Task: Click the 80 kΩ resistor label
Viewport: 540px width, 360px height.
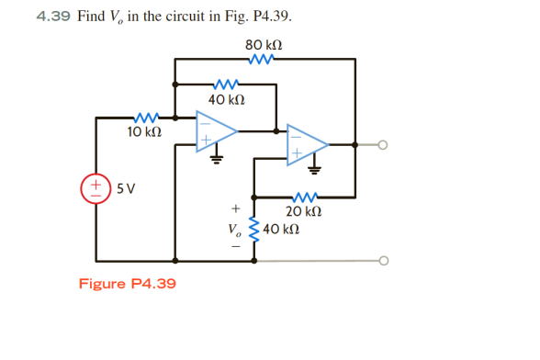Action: click(x=264, y=44)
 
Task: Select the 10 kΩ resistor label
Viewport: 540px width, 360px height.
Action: click(x=144, y=132)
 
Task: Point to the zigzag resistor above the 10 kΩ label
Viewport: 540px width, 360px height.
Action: click(x=145, y=118)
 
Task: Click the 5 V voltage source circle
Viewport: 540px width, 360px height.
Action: click(x=96, y=188)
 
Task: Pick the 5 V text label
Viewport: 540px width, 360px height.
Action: click(x=127, y=189)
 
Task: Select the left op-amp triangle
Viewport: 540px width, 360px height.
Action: click(x=215, y=131)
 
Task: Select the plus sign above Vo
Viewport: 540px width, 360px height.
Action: click(x=235, y=208)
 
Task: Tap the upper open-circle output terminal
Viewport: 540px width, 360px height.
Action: click(x=383, y=144)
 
